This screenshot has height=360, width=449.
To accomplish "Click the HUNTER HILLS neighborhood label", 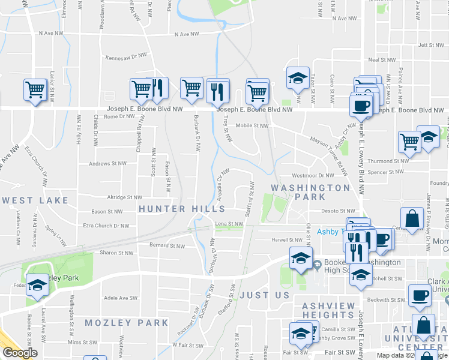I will (x=181, y=209).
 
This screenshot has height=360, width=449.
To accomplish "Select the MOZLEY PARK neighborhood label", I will (x=126, y=323).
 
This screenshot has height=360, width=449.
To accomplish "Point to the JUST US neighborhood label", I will (x=265, y=295).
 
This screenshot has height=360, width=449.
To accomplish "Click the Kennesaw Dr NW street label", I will (x=126, y=56).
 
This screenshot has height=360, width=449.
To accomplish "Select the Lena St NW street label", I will (x=229, y=224).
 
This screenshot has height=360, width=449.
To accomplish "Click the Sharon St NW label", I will (x=116, y=253).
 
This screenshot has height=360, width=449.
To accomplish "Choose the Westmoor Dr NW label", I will (x=312, y=176).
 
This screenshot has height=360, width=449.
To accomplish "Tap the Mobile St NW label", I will (x=252, y=126).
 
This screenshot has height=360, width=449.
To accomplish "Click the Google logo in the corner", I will (x=20, y=353).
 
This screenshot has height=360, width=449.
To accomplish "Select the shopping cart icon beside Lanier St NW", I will (x=35, y=90).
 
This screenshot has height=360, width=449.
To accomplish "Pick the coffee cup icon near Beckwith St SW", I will (x=420, y=295).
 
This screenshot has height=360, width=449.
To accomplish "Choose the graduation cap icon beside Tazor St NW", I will (x=298, y=77).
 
